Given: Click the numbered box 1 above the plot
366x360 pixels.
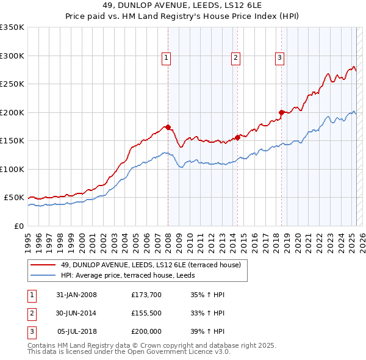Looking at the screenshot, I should coord(166,58).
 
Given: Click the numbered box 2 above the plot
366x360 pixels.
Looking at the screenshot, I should coord(235,58).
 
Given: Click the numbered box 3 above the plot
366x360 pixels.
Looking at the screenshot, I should coord(279,58).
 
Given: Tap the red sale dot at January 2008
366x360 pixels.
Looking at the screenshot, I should coord(168,128).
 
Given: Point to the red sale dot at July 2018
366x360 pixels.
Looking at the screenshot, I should coord(281,112).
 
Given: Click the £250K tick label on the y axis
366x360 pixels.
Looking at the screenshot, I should coord(12,84).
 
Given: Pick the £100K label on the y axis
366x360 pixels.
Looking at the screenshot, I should coord(12,169).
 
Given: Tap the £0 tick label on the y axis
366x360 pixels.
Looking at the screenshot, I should coord(18,226).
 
